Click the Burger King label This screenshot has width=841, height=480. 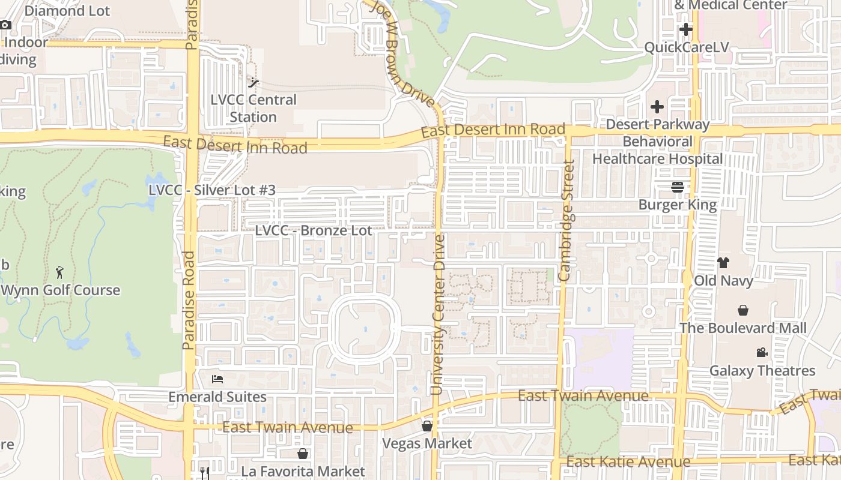pos(678,205)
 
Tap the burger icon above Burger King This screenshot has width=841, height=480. pos(678,187)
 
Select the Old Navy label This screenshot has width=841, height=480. pos(723,280)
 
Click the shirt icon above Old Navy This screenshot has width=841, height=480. pos(723,263)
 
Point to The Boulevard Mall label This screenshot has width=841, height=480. pos(743,328)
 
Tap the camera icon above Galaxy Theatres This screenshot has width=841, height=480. pos(762,352)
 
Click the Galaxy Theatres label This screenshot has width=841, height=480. pos(762,370)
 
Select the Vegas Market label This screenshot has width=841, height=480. pos(428,443)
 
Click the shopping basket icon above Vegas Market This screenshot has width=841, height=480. pos(427,426)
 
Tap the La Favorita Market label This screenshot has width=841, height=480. pos(303,471)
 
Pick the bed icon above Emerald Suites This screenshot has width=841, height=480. pos(217,379)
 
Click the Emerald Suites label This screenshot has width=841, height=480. pos(217,397)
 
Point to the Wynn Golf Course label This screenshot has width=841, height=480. pos(61,290)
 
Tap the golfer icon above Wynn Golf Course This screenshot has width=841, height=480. pos(59,272)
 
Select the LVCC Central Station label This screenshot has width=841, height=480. pos(254,108)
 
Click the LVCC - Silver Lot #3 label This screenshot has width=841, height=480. pos(212,190)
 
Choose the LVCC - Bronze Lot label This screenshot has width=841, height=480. pos(313,230)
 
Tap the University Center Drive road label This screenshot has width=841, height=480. pos(438,315)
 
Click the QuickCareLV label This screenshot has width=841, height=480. pos(685,47)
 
